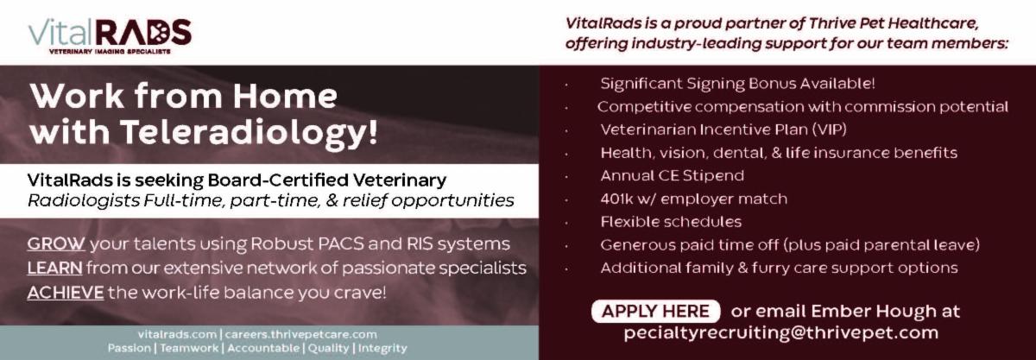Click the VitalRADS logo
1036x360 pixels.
point(109,33)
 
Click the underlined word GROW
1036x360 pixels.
point(56,244)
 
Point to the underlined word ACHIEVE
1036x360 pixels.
point(65,293)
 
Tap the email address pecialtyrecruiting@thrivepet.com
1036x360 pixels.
point(780,333)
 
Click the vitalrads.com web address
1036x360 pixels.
point(177,334)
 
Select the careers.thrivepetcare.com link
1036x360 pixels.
point(301,334)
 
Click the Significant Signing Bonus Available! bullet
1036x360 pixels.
point(737,84)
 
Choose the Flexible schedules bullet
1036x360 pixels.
point(671,222)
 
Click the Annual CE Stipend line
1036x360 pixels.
point(672,176)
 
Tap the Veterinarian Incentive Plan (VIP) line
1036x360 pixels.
point(723,130)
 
